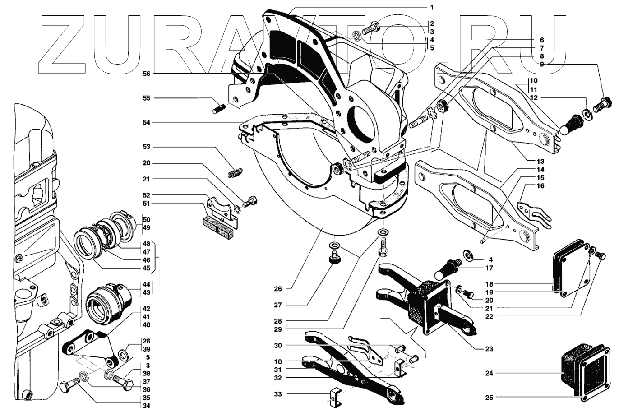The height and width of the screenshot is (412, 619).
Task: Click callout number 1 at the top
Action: click(431, 7)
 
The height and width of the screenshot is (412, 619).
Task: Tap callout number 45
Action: click(146, 268)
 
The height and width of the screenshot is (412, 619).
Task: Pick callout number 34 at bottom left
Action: click(146, 406)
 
